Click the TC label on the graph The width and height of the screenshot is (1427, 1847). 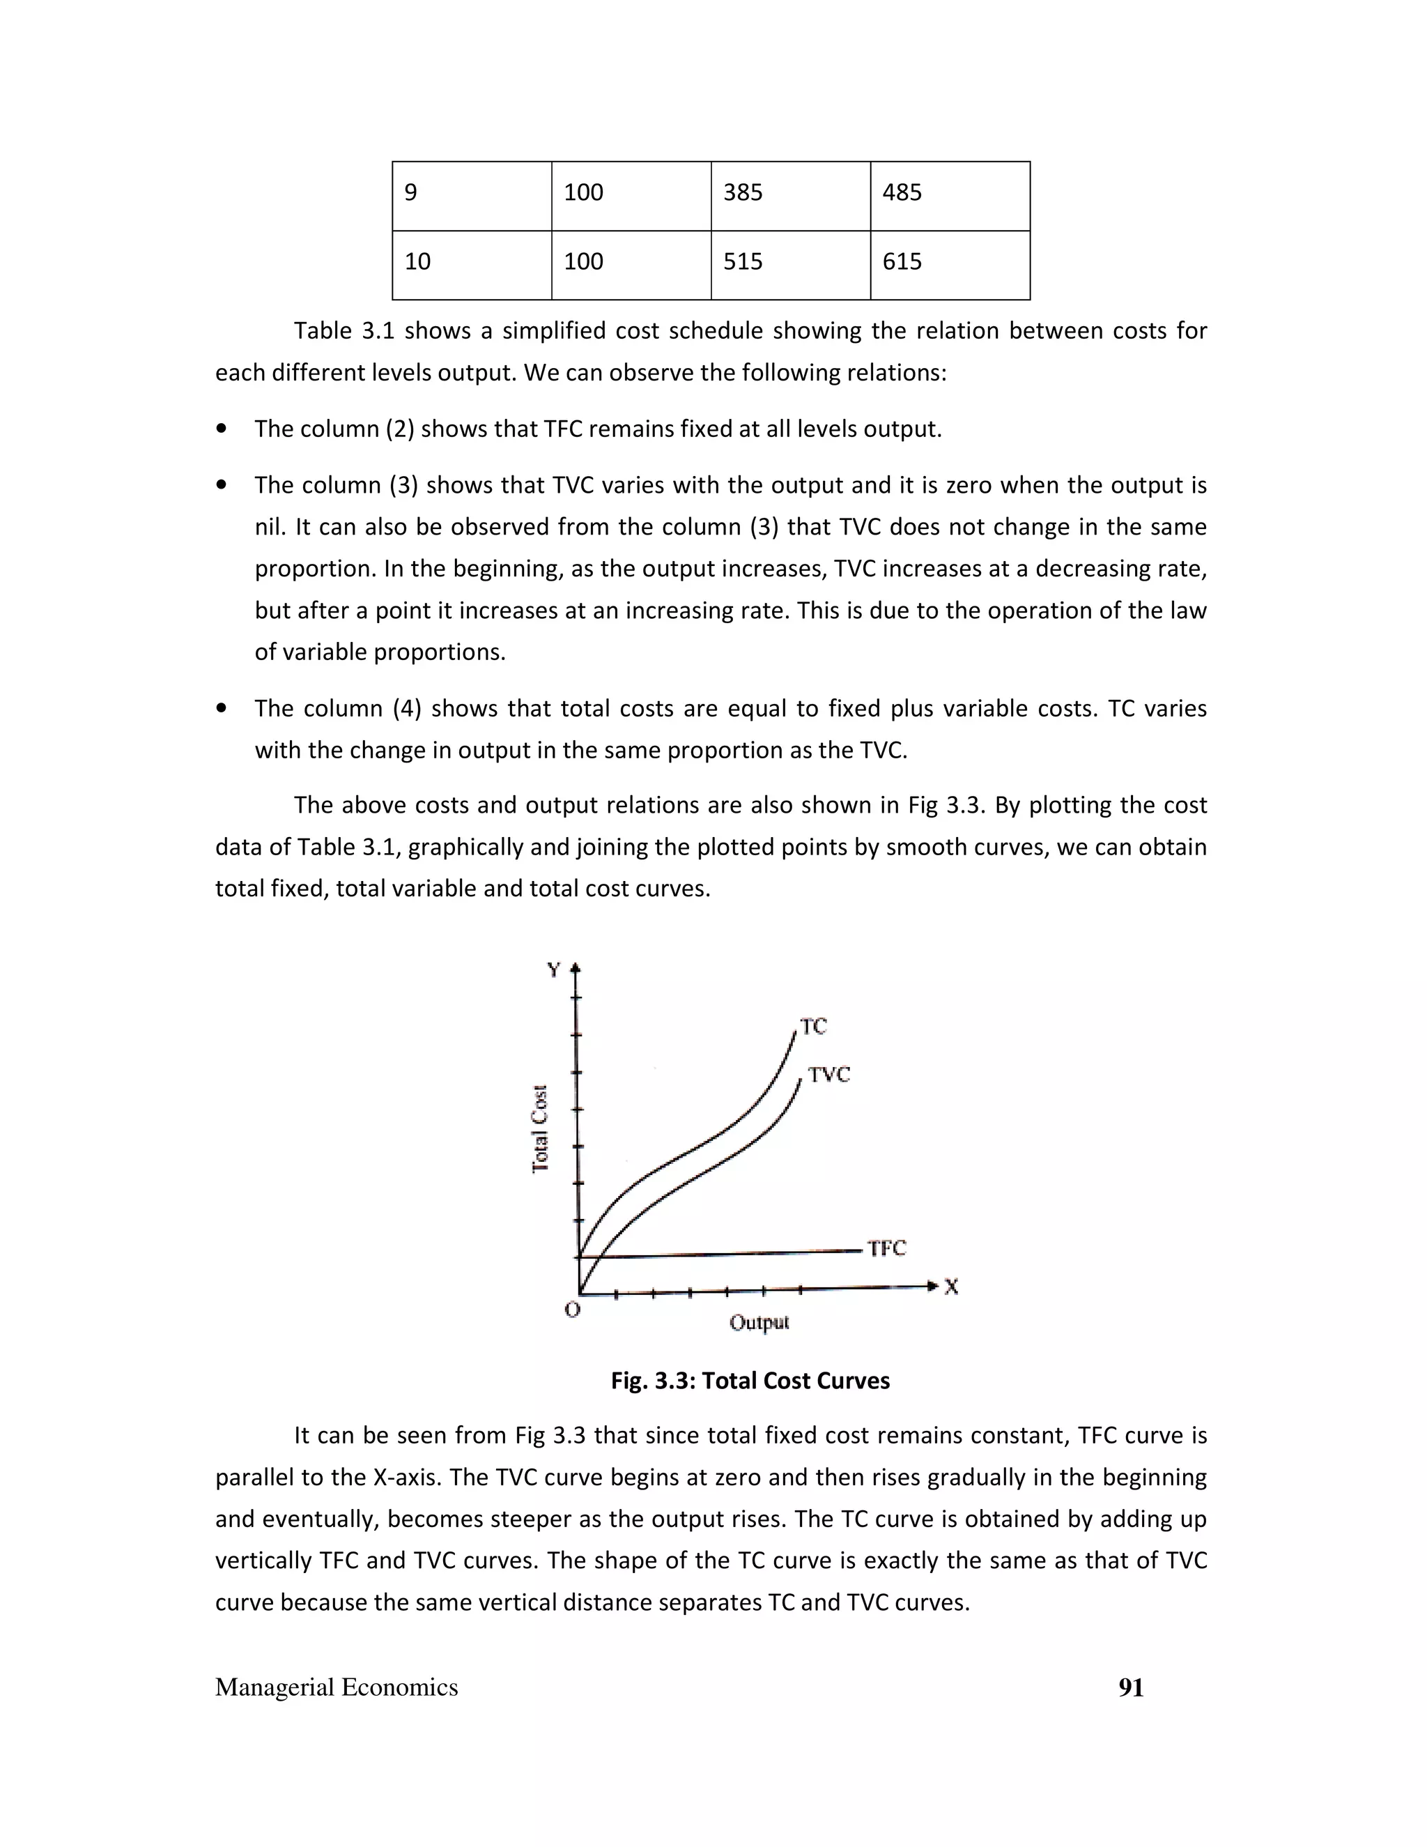[813, 1027]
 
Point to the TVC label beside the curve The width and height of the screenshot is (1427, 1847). [828, 1075]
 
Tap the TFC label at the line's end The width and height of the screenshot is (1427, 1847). [886, 1248]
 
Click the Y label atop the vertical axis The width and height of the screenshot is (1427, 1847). [554, 970]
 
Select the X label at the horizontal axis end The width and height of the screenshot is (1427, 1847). [951, 1287]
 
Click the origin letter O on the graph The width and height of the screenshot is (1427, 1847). [572, 1310]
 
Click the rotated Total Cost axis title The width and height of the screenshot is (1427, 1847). [540, 1129]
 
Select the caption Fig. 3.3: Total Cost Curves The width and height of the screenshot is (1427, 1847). [750, 1381]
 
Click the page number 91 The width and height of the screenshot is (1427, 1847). [1130, 1688]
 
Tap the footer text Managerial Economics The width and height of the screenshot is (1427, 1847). [337, 1688]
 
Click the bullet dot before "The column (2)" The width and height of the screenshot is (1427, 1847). [222, 429]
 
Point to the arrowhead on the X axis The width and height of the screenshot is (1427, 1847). [932, 1287]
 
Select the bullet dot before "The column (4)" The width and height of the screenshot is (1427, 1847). [222, 709]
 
